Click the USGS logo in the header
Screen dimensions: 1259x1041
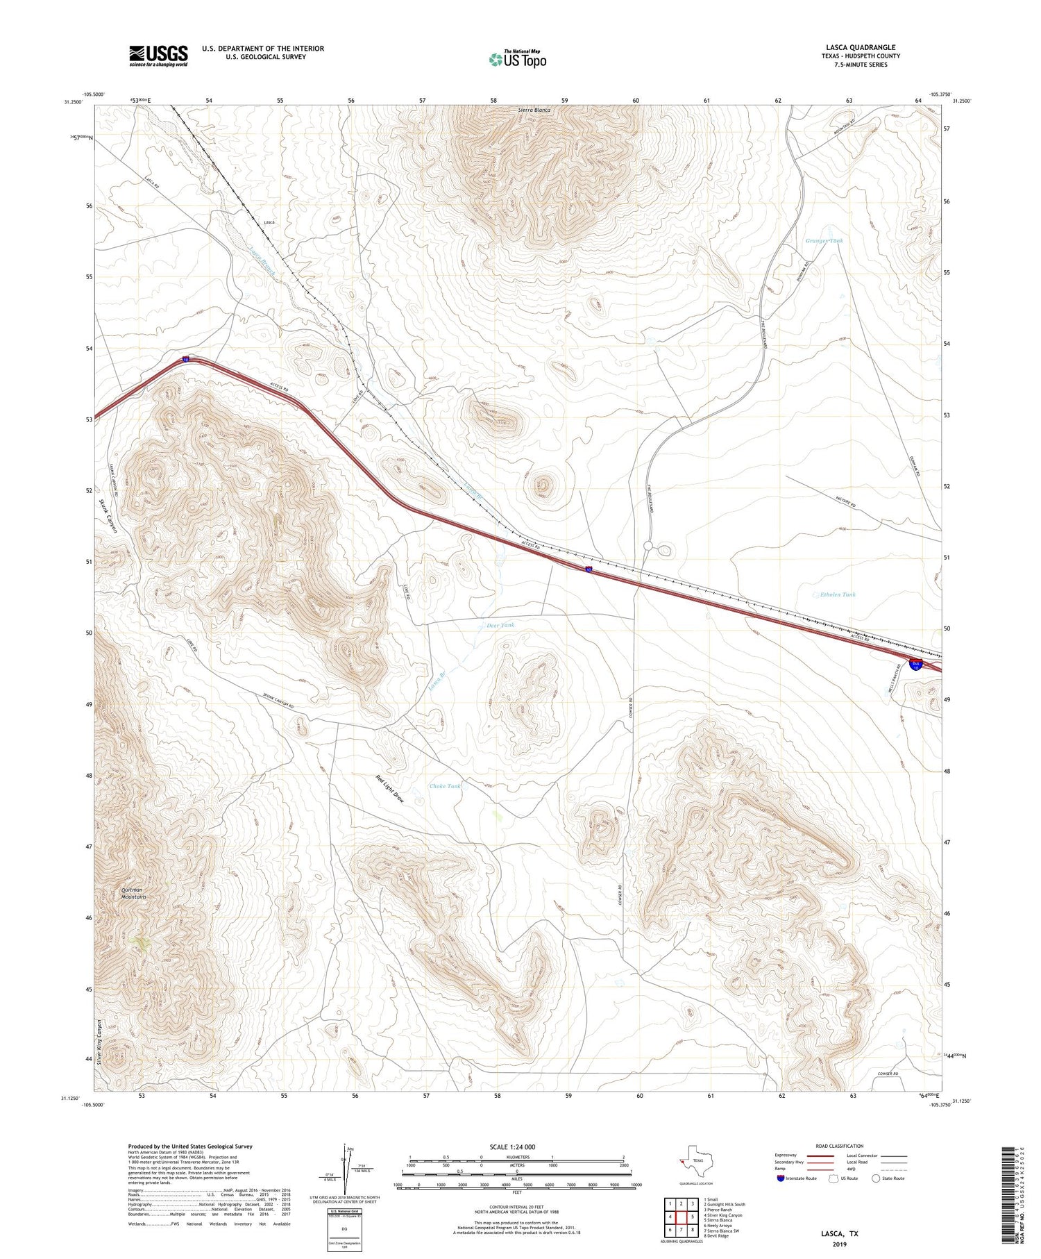158,56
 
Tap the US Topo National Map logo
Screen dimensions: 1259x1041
517,59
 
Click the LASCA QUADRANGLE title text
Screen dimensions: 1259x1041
860,47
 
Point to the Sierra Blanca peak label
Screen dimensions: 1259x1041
534,110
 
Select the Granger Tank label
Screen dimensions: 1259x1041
824,240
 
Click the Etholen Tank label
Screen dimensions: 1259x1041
838,594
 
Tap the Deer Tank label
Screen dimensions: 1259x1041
500,625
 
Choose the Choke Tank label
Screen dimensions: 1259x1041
445,786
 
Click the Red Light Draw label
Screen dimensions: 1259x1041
389,789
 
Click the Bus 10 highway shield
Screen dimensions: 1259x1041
916,665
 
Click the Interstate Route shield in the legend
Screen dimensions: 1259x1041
781,1178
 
